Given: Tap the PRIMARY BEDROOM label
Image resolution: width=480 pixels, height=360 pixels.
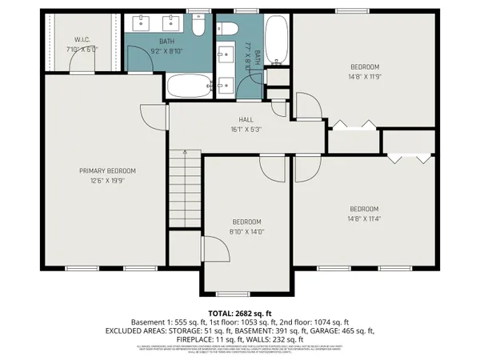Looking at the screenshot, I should tap(106, 170).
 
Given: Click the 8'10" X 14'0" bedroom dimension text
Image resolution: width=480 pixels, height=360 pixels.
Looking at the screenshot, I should tap(247, 231).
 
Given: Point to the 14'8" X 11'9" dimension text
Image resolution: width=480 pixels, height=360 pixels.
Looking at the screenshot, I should tap(364, 77).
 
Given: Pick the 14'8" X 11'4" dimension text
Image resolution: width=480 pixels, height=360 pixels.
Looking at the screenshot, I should tap(363, 218).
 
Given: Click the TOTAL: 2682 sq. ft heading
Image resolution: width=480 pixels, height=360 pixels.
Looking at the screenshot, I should tap(240, 313).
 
